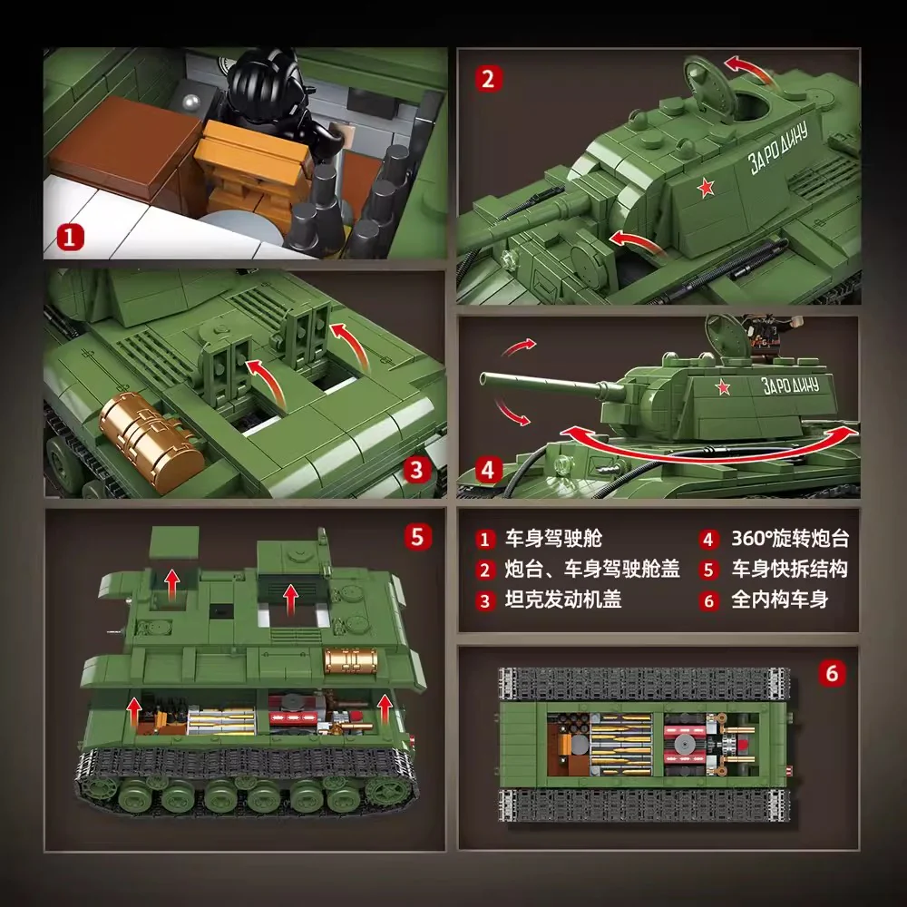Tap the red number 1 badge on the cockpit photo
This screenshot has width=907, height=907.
click(x=71, y=239)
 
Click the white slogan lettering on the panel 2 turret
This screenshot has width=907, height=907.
click(x=783, y=151)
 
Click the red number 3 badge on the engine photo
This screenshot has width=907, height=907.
click(x=415, y=469)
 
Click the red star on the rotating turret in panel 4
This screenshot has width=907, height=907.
click(x=723, y=390)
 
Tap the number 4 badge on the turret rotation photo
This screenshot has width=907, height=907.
click(x=488, y=470)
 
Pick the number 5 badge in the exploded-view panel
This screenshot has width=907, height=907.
click(x=415, y=536)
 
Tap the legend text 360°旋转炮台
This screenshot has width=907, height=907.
click(x=790, y=540)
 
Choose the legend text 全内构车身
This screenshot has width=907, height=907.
click(x=779, y=600)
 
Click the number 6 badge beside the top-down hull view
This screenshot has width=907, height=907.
click(x=833, y=674)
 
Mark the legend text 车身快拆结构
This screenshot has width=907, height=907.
click(x=790, y=570)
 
